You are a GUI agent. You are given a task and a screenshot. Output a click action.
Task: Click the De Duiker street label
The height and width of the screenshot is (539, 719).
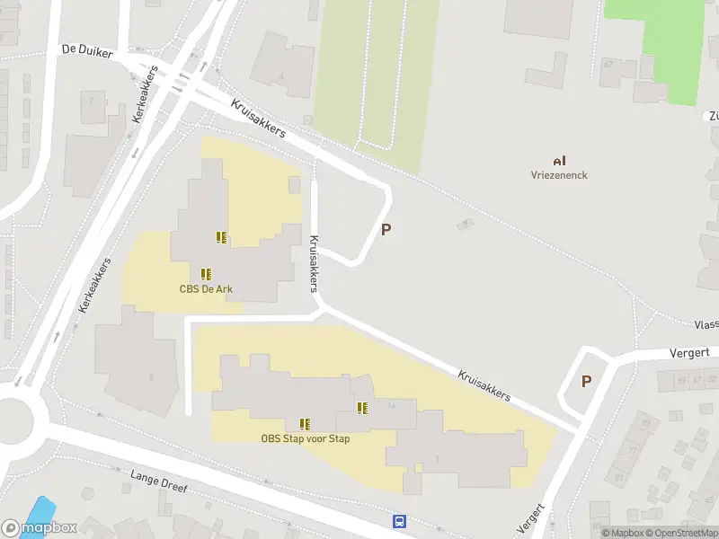coord(87,52)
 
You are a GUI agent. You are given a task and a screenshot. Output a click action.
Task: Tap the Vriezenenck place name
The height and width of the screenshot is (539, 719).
coord(559,175)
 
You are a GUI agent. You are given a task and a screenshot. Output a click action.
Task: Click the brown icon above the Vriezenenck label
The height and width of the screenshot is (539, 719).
coord(559,160)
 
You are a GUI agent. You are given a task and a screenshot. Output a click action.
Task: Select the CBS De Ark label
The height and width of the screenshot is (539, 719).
coord(207,288)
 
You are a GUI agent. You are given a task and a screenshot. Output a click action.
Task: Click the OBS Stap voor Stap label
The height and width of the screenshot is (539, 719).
coord(306,438)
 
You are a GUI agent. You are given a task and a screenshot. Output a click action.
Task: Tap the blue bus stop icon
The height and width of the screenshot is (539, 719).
coord(399,521)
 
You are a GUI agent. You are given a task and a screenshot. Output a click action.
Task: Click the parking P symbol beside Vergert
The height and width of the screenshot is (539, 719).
coord(586,381)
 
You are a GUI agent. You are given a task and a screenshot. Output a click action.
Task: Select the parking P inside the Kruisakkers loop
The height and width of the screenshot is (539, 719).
coord(386,229)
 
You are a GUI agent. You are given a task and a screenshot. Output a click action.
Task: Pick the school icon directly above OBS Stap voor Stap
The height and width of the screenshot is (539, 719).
coord(306,423)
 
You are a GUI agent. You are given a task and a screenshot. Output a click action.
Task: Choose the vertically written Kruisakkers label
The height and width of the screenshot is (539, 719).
coord(314,264)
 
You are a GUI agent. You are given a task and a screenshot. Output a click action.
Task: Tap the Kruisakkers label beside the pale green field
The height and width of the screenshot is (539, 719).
coord(258,119)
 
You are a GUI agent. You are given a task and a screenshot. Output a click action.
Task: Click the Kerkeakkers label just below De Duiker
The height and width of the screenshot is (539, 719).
coord(145,98)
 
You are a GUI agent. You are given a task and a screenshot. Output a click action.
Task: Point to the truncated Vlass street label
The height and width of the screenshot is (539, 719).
coord(706,324)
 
